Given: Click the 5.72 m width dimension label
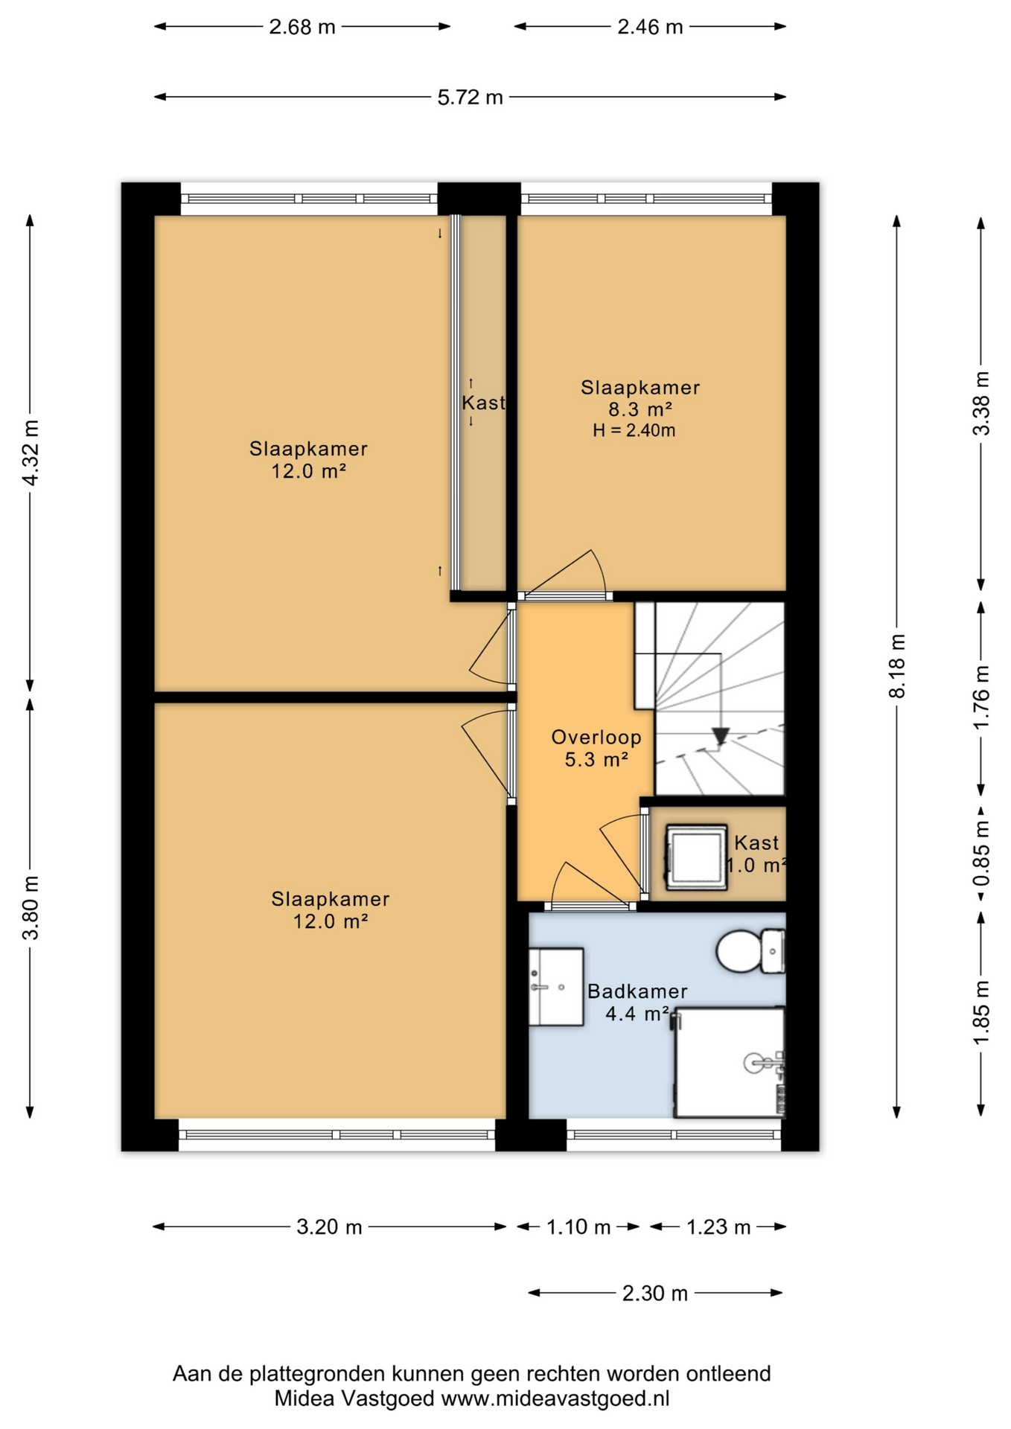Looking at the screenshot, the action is click(470, 97).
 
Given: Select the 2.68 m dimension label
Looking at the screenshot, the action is click(302, 27).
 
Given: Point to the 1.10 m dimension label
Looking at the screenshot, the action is click(578, 1227).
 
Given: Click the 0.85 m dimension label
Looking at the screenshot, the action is click(982, 853).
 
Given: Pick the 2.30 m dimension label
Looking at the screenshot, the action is click(655, 1294).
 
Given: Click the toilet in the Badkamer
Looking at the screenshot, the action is click(750, 950).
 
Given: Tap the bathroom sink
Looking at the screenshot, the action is click(555, 987).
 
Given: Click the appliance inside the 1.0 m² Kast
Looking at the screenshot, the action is click(696, 857).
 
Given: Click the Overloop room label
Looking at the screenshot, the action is click(596, 737).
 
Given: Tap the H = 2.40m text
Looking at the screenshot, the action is click(634, 430).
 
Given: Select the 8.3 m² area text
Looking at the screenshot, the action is click(640, 409).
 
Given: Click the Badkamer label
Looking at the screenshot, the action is click(637, 991).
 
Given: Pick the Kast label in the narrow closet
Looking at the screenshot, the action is click(483, 403).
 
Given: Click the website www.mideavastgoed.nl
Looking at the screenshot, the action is click(555, 1398).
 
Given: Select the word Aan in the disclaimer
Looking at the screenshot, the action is click(190, 1374).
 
